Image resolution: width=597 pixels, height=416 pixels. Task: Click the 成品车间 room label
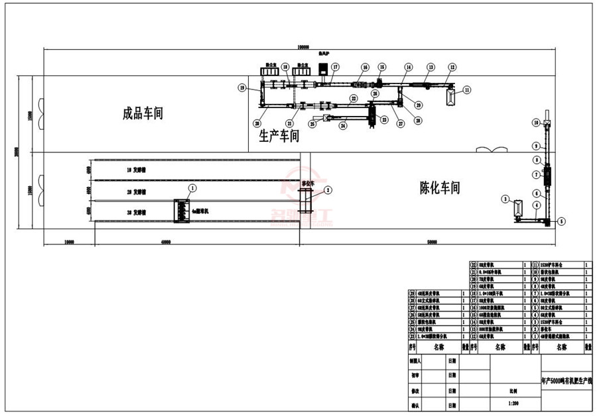pos(143,113)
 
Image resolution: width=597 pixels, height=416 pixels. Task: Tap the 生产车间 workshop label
pos(279,136)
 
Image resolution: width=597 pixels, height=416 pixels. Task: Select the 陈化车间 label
pos(439,187)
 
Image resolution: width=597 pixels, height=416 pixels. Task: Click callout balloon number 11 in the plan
pos(467,89)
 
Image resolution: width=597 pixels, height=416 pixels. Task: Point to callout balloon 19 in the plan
pos(242,87)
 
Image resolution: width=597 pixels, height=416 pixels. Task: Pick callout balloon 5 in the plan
pos(561,221)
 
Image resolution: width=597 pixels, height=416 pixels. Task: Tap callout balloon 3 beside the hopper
pos(505,199)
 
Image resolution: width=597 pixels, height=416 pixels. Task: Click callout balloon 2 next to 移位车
pos(328,190)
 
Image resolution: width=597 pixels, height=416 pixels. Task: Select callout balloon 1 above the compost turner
pos(192,188)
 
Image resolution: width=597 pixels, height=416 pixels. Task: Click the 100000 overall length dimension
pos(303,46)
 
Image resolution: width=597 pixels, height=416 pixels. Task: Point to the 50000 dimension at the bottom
pos(432,242)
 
